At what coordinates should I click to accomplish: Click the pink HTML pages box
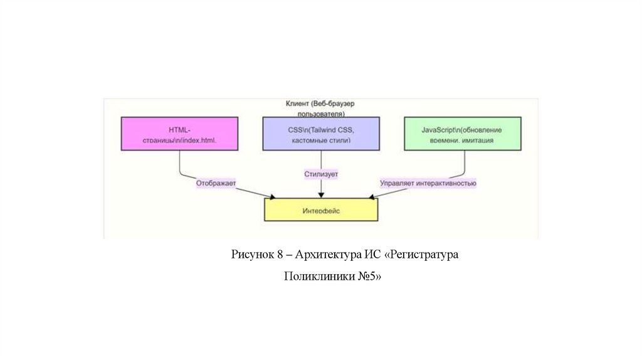point(179,133)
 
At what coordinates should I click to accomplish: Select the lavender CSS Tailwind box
point(320,134)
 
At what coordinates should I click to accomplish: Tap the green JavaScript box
point(463,133)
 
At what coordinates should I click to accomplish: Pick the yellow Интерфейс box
point(321,209)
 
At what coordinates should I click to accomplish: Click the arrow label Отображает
point(216,184)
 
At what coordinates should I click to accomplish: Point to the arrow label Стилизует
point(321,172)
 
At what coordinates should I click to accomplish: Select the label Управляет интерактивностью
point(428,184)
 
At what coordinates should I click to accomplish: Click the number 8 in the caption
point(280,255)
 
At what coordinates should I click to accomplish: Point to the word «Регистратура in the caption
point(423,255)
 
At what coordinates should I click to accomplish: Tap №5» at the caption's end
point(370,276)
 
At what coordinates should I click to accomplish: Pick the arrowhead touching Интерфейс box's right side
point(374,198)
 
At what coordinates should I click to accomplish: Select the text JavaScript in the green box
point(437,129)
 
